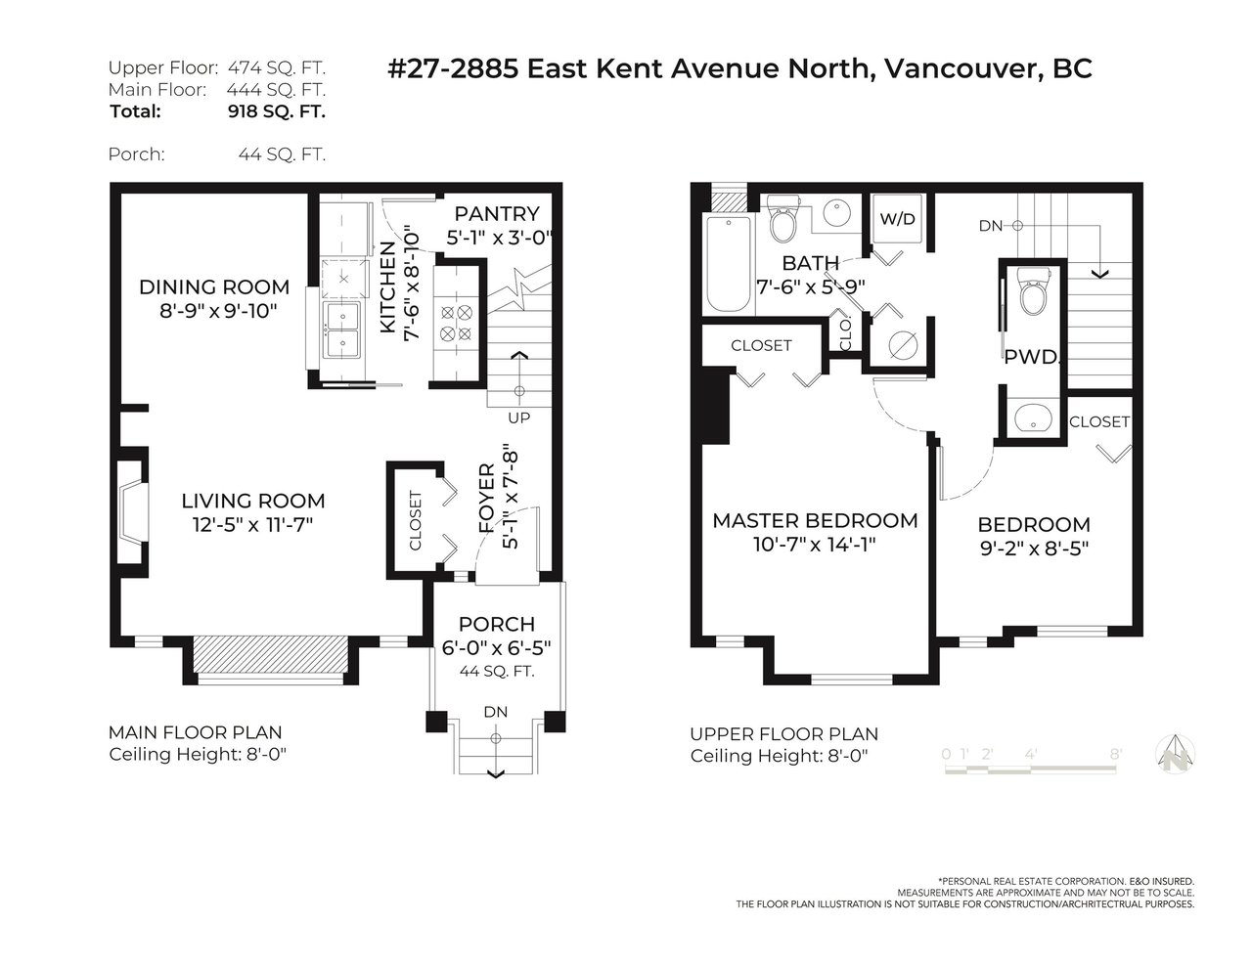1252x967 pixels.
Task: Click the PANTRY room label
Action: (x=497, y=214)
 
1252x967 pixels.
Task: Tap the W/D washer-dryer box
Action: (x=897, y=219)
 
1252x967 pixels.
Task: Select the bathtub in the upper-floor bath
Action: (x=729, y=264)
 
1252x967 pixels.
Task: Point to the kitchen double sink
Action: (x=342, y=330)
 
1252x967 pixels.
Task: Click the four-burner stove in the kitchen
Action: (x=456, y=323)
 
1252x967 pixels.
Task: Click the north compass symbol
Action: (x=1176, y=754)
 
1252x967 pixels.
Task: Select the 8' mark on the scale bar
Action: (x=1116, y=754)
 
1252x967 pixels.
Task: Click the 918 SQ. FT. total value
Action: (x=277, y=111)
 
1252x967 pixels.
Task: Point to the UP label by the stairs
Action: (x=518, y=418)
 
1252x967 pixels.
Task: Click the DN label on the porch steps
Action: (x=496, y=712)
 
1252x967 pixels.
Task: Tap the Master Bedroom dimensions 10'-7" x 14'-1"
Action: (x=815, y=545)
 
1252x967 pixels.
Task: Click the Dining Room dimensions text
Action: (x=218, y=311)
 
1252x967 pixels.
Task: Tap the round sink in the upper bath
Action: (x=837, y=213)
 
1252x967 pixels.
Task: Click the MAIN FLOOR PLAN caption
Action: (x=196, y=732)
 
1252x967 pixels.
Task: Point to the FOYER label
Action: (x=487, y=499)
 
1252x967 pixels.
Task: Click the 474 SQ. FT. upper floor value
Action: (x=277, y=68)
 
